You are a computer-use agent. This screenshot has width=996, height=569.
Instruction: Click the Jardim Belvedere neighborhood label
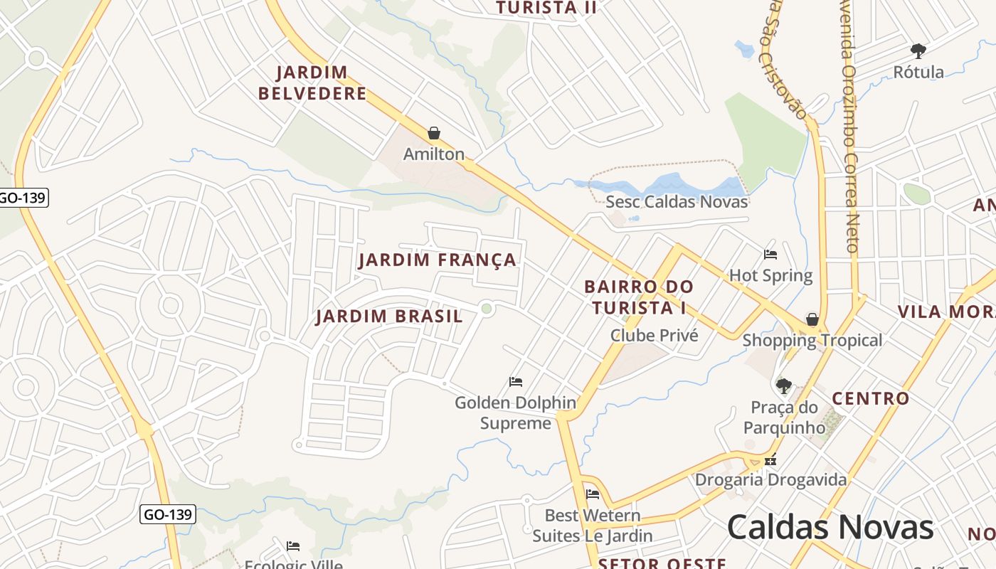point(312,83)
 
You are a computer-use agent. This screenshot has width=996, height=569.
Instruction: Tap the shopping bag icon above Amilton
point(434,133)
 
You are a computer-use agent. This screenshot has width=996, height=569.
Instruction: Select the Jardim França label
point(438,260)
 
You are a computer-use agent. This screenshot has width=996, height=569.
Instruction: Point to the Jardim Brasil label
point(389,317)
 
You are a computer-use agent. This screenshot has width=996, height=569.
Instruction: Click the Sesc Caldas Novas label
point(677,202)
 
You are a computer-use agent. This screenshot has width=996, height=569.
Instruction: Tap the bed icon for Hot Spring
point(770,255)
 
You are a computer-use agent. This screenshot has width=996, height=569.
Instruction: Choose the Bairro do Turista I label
point(638,297)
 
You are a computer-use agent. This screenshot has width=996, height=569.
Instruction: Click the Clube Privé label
point(655,335)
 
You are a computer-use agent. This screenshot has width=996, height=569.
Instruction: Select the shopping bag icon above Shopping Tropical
point(812,319)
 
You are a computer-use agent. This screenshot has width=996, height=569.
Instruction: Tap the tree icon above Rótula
point(918,51)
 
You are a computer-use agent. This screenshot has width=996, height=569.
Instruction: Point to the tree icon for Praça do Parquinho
point(783,386)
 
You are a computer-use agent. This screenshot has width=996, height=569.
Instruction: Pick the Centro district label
point(871,398)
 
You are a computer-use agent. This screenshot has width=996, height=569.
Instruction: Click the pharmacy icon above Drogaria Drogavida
point(770,460)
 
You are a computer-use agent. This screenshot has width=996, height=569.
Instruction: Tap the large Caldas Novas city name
point(830,528)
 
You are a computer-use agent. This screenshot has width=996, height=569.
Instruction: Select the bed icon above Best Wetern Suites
point(592,494)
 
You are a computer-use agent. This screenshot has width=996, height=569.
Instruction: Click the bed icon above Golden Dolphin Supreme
point(516,382)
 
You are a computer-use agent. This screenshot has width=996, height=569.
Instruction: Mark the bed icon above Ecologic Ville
point(293,546)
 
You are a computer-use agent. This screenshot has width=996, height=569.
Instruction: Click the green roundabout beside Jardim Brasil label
point(487,308)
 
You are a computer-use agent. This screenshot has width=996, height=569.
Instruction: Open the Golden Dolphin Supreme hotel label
point(516,413)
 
